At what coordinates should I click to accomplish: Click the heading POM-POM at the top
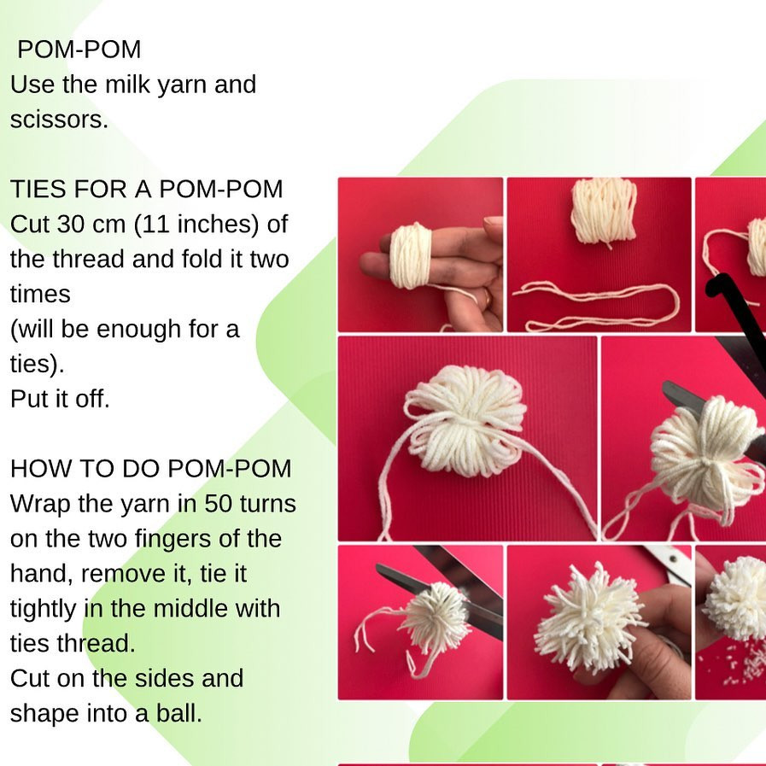point(79,50)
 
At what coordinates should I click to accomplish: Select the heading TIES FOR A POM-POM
point(146,189)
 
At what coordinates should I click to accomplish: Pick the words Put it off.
point(60,399)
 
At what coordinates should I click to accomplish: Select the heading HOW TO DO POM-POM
point(150,469)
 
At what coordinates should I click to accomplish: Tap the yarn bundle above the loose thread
point(603,210)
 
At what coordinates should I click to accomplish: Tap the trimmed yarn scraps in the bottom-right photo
point(743,666)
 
